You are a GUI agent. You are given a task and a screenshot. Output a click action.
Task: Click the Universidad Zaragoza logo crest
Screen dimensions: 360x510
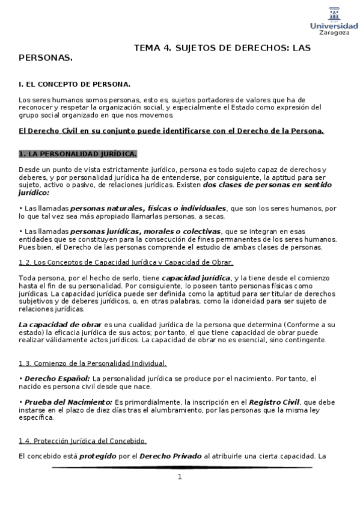click(x=334, y=13)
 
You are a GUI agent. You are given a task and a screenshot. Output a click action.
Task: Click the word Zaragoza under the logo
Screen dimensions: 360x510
click(x=334, y=33)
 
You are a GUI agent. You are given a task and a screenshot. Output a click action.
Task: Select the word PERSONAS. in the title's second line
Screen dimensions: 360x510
click(x=46, y=58)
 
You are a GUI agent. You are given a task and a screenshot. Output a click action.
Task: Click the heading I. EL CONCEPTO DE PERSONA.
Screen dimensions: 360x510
click(x=75, y=85)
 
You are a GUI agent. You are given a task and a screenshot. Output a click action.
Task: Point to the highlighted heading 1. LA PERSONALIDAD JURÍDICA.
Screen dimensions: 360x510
click(x=78, y=153)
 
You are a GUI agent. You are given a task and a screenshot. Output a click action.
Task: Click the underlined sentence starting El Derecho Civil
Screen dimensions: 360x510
click(x=171, y=131)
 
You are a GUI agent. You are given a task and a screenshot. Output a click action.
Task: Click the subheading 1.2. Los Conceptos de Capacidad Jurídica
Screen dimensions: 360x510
click(x=126, y=262)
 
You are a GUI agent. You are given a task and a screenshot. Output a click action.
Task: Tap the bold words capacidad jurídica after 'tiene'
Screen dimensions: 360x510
click(x=196, y=278)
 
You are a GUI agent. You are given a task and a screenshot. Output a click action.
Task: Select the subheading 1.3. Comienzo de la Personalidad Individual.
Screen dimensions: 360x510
click(x=93, y=363)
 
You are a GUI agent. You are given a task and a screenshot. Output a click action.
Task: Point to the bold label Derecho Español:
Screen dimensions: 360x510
click(x=56, y=378)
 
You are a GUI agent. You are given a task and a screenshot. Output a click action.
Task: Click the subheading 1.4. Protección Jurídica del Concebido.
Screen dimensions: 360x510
click(x=82, y=441)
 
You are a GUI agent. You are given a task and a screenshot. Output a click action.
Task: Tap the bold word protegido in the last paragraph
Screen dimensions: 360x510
click(x=97, y=456)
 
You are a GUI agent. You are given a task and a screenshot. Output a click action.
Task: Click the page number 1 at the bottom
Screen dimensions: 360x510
click(x=179, y=477)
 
